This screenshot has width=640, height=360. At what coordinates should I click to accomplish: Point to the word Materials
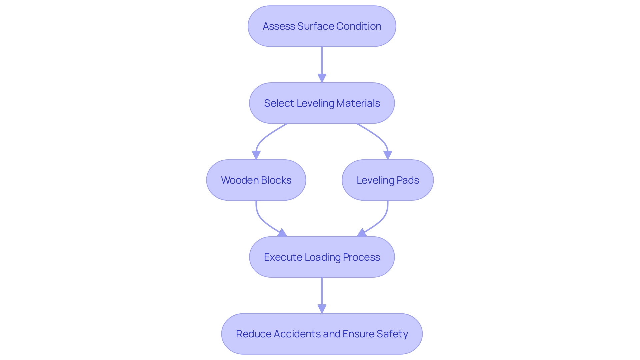358,103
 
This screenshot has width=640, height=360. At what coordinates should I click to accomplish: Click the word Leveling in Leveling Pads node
375,180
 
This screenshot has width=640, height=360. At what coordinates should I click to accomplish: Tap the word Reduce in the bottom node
253,334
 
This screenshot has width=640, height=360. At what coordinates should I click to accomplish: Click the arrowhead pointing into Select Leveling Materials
322,78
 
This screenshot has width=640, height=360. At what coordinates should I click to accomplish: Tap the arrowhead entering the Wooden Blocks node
256,155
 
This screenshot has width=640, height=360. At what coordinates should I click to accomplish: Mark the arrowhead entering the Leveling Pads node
388,155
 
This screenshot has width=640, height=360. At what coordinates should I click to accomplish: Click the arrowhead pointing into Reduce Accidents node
322,309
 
